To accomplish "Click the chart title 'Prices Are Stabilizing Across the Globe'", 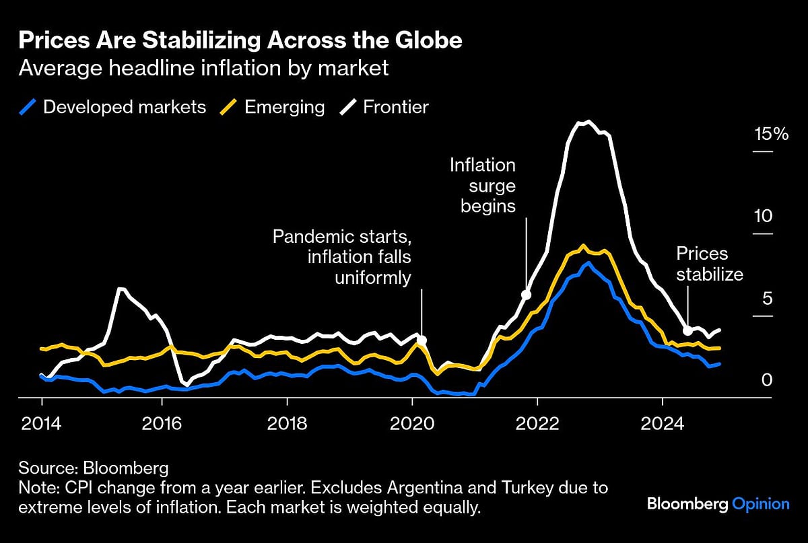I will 240,40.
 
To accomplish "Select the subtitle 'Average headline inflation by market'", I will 204,68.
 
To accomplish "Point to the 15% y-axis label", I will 771,134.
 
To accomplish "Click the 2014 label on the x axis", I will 42,424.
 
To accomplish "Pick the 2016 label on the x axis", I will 162,424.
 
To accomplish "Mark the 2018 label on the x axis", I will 287,424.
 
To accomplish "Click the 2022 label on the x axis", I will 537,424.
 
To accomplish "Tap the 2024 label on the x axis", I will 663,424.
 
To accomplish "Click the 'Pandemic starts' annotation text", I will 341,237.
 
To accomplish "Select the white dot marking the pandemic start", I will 422,340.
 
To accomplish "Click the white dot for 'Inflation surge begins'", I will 527,295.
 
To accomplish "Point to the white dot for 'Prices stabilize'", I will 687,330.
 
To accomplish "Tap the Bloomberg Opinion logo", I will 718,503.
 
